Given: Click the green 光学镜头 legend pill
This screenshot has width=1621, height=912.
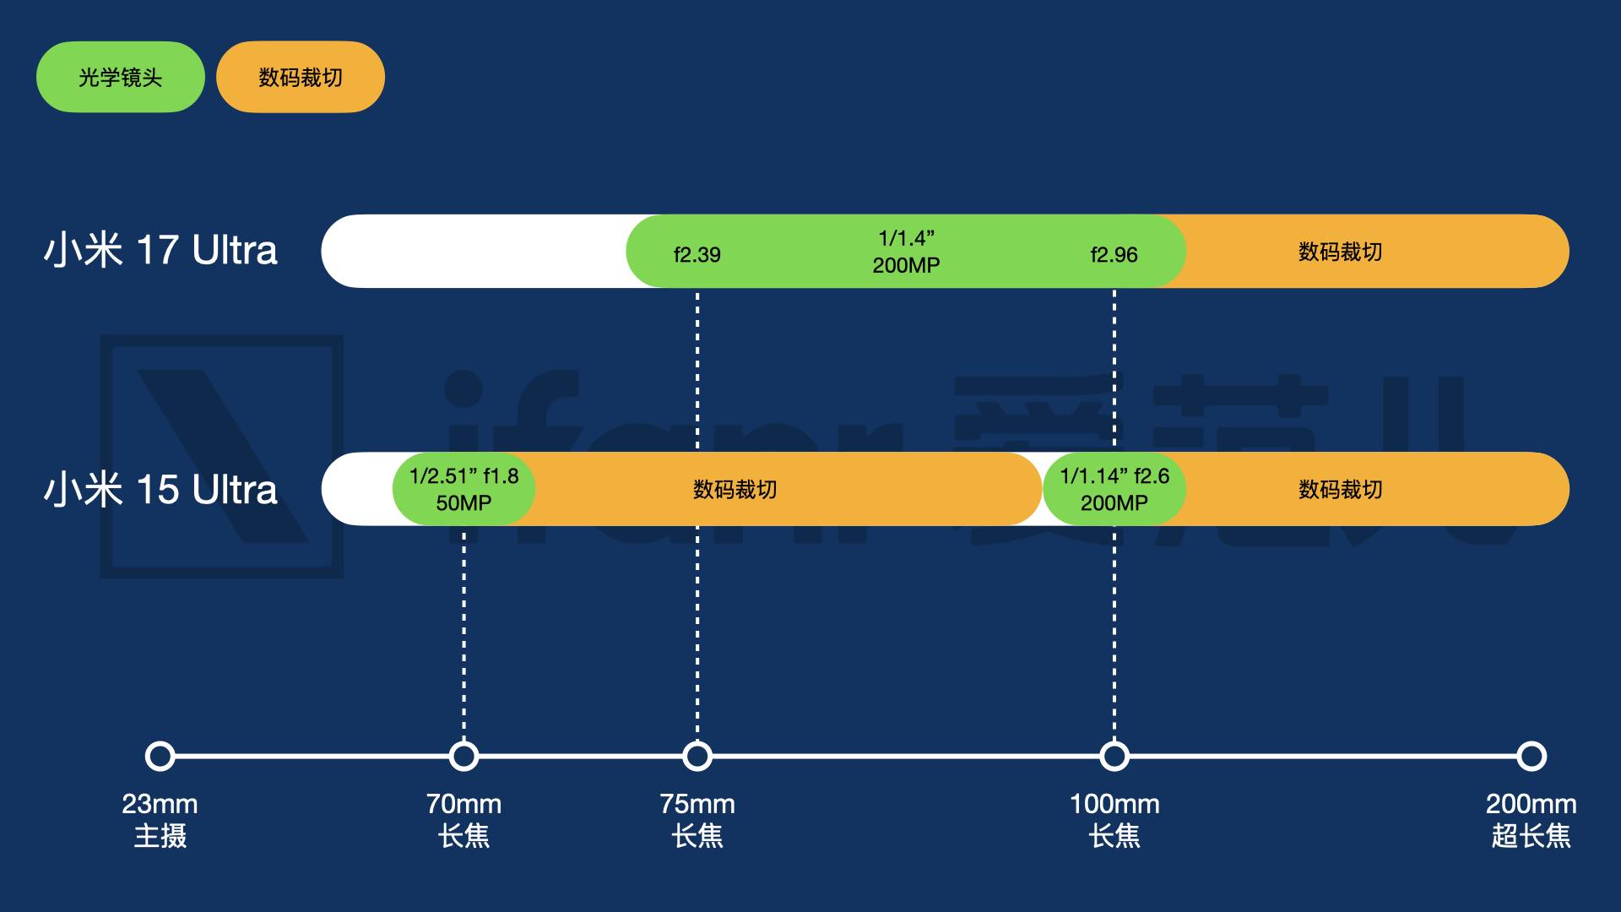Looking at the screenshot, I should [120, 77].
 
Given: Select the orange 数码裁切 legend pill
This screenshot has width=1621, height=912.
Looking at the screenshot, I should [301, 77].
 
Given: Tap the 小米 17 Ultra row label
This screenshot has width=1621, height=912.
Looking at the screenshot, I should [160, 251].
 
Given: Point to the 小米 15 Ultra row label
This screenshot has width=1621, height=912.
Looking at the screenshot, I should [160, 490].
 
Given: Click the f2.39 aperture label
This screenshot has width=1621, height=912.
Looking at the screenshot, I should [697, 254].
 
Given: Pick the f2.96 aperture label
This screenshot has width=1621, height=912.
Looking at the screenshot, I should [1114, 254].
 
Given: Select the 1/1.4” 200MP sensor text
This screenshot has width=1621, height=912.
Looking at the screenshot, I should [906, 252].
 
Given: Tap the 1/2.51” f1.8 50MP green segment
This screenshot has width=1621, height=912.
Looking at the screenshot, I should [464, 489].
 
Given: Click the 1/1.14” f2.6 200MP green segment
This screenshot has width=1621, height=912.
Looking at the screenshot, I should [1114, 489].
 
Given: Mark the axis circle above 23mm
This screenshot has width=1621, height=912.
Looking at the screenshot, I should [160, 756].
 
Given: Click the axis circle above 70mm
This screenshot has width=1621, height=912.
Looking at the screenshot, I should [464, 756].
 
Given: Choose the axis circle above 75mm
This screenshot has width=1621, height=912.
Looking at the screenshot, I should [697, 756].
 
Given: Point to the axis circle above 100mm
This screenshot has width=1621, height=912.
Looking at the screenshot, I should [1114, 756].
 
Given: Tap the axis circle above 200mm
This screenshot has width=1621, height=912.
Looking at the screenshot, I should [1531, 756].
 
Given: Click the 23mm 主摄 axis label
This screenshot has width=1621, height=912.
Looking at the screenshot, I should [160, 820].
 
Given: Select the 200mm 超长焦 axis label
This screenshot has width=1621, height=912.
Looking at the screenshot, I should [1531, 820].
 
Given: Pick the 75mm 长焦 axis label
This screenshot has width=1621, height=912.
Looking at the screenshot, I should [697, 820].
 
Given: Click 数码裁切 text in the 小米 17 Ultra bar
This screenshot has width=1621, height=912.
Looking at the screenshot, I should [1340, 252].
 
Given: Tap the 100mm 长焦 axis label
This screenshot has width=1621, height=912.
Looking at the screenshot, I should [1114, 820].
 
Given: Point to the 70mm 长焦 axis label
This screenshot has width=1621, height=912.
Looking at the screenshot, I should [464, 820].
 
